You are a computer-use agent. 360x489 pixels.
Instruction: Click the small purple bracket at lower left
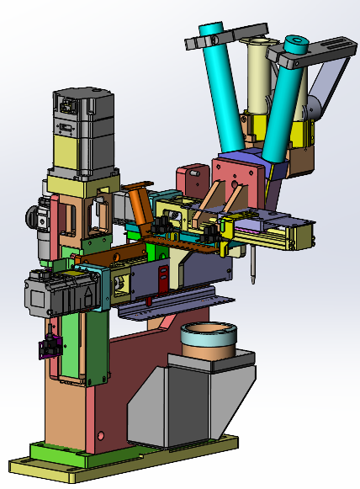pyautogui.click(x=53, y=344)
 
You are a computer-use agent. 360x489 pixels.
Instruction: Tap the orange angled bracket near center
pyautogui.click(x=140, y=205)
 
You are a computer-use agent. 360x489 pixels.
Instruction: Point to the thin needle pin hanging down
pyautogui.click(x=251, y=264)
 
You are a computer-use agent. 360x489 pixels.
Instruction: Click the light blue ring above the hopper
pyautogui.click(x=209, y=340)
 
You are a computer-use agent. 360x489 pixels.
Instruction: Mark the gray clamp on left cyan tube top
pyautogui.click(x=203, y=39)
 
